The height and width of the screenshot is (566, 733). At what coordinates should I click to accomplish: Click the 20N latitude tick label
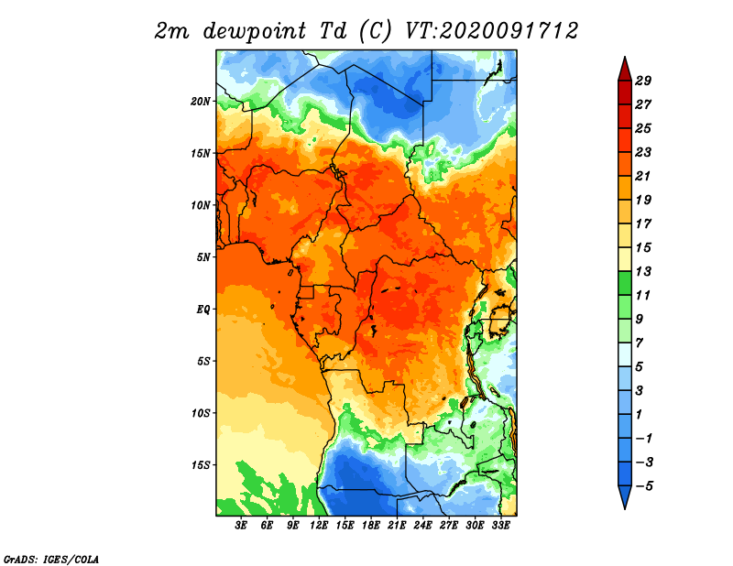[x=200, y=101]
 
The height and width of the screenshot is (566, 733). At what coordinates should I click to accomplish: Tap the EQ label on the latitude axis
[x=202, y=309]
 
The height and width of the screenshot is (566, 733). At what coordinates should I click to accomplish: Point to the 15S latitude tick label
[x=200, y=465]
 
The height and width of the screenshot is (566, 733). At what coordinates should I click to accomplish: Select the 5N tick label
[x=203, y=257]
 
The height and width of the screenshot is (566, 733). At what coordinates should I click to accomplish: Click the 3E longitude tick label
[x=241, y=525]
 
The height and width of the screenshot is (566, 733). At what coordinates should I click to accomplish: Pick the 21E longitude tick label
[x=397, y=525]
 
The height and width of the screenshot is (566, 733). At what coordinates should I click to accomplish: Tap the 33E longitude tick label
[x=500, y=525]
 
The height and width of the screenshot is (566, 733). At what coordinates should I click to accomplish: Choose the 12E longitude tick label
[x=319, y=525]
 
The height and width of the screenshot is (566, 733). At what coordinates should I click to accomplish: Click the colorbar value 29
[x=643, y=81]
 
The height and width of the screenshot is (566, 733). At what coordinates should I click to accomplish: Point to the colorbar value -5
[x=644, y=486]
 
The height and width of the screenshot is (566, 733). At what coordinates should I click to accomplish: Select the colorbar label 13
[x=643, y=271]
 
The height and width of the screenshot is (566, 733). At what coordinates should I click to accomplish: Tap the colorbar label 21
[x=643, y=176]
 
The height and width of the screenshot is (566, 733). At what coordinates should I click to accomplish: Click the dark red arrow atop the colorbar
[x=625, y=71]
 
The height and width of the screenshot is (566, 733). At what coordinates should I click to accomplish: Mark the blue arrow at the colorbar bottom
[x=625, y=495]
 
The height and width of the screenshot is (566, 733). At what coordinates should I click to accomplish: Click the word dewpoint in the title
[x=255, y=31]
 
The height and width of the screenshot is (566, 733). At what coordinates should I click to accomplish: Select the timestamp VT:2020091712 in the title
[x=491, y=31]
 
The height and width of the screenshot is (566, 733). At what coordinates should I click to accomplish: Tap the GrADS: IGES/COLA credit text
[x=51, y=559]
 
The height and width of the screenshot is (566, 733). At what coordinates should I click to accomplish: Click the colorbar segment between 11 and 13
[x=625, y=283]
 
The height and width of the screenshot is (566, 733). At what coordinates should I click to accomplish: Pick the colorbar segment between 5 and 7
[x=625, y=354]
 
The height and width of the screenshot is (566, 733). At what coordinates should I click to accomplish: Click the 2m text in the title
[x=171, y=31]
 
